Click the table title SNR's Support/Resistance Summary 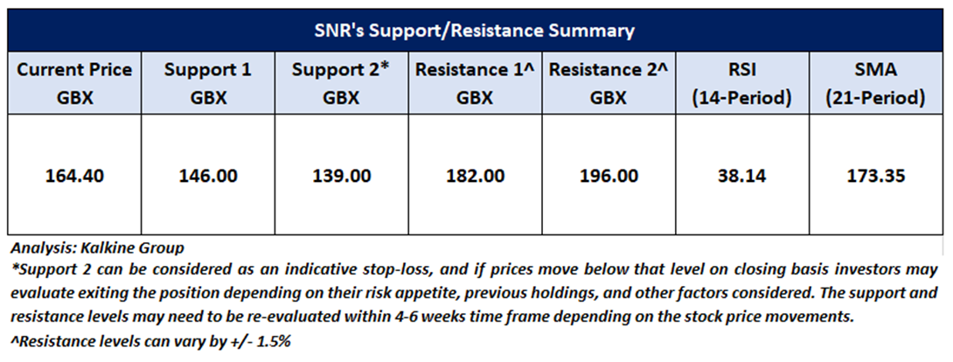[x=474, y=31]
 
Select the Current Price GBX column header [x=74, y=84]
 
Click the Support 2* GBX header [x=340, y=84]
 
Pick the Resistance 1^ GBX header [x=475, y=84]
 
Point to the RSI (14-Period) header [x=743, y=84]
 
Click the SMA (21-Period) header [x=876, y=84]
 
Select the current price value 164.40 [x=74, y=176]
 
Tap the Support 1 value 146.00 [x=208, y=176]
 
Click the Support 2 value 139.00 [x=341, y=176]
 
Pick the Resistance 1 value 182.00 [x=475, y=176]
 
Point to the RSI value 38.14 [x=741, y=176]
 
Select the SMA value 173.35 [x=875, y=176]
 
